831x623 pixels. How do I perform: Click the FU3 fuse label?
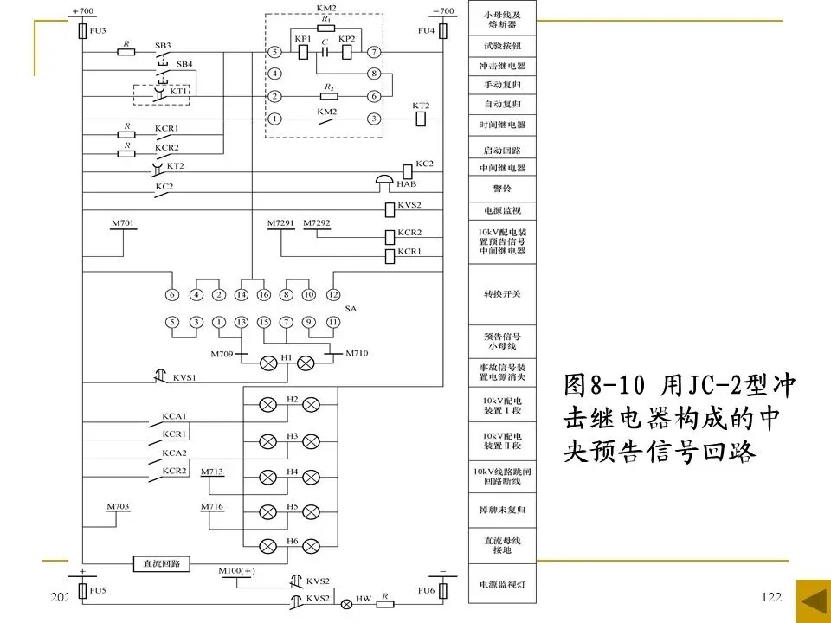pyautogui.click(x=97, y=30)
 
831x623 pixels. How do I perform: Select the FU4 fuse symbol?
pyautogui.click(x=442, y=30)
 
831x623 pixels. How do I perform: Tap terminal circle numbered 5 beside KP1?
pyautogui.click(x=274, y=52)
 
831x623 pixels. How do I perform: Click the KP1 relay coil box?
pyautogui.click(x=303, y=52)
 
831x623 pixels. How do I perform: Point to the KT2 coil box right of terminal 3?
pyautogui.click(x=421, y=119)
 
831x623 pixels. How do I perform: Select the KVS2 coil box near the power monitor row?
pyautogui.click(x=390, y=209)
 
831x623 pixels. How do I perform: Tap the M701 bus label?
pyautogui.click(x=123, y=224)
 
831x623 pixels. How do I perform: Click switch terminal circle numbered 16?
pyautogui.click(x=264, y=295)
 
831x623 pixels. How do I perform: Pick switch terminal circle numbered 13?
pyautogui.click(x=242, y=323)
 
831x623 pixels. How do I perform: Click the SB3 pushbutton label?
pyautogui.click(x=162, y=44)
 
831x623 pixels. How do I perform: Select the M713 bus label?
pyautogui.click(x=212, y=472)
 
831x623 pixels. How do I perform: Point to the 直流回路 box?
pyautogui.click(x=161, y=564)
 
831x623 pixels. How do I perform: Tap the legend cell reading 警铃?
pyautogui.click(x=503, y=188)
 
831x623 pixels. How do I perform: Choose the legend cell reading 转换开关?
pyautogui.click(x=503, y=294)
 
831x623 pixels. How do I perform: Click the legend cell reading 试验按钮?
pyautogui.click(x=503, y=46)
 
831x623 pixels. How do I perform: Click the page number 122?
pyautogui.click(x=770, y=598)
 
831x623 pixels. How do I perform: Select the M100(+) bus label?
pyautogui.click(x=238, y=571)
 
